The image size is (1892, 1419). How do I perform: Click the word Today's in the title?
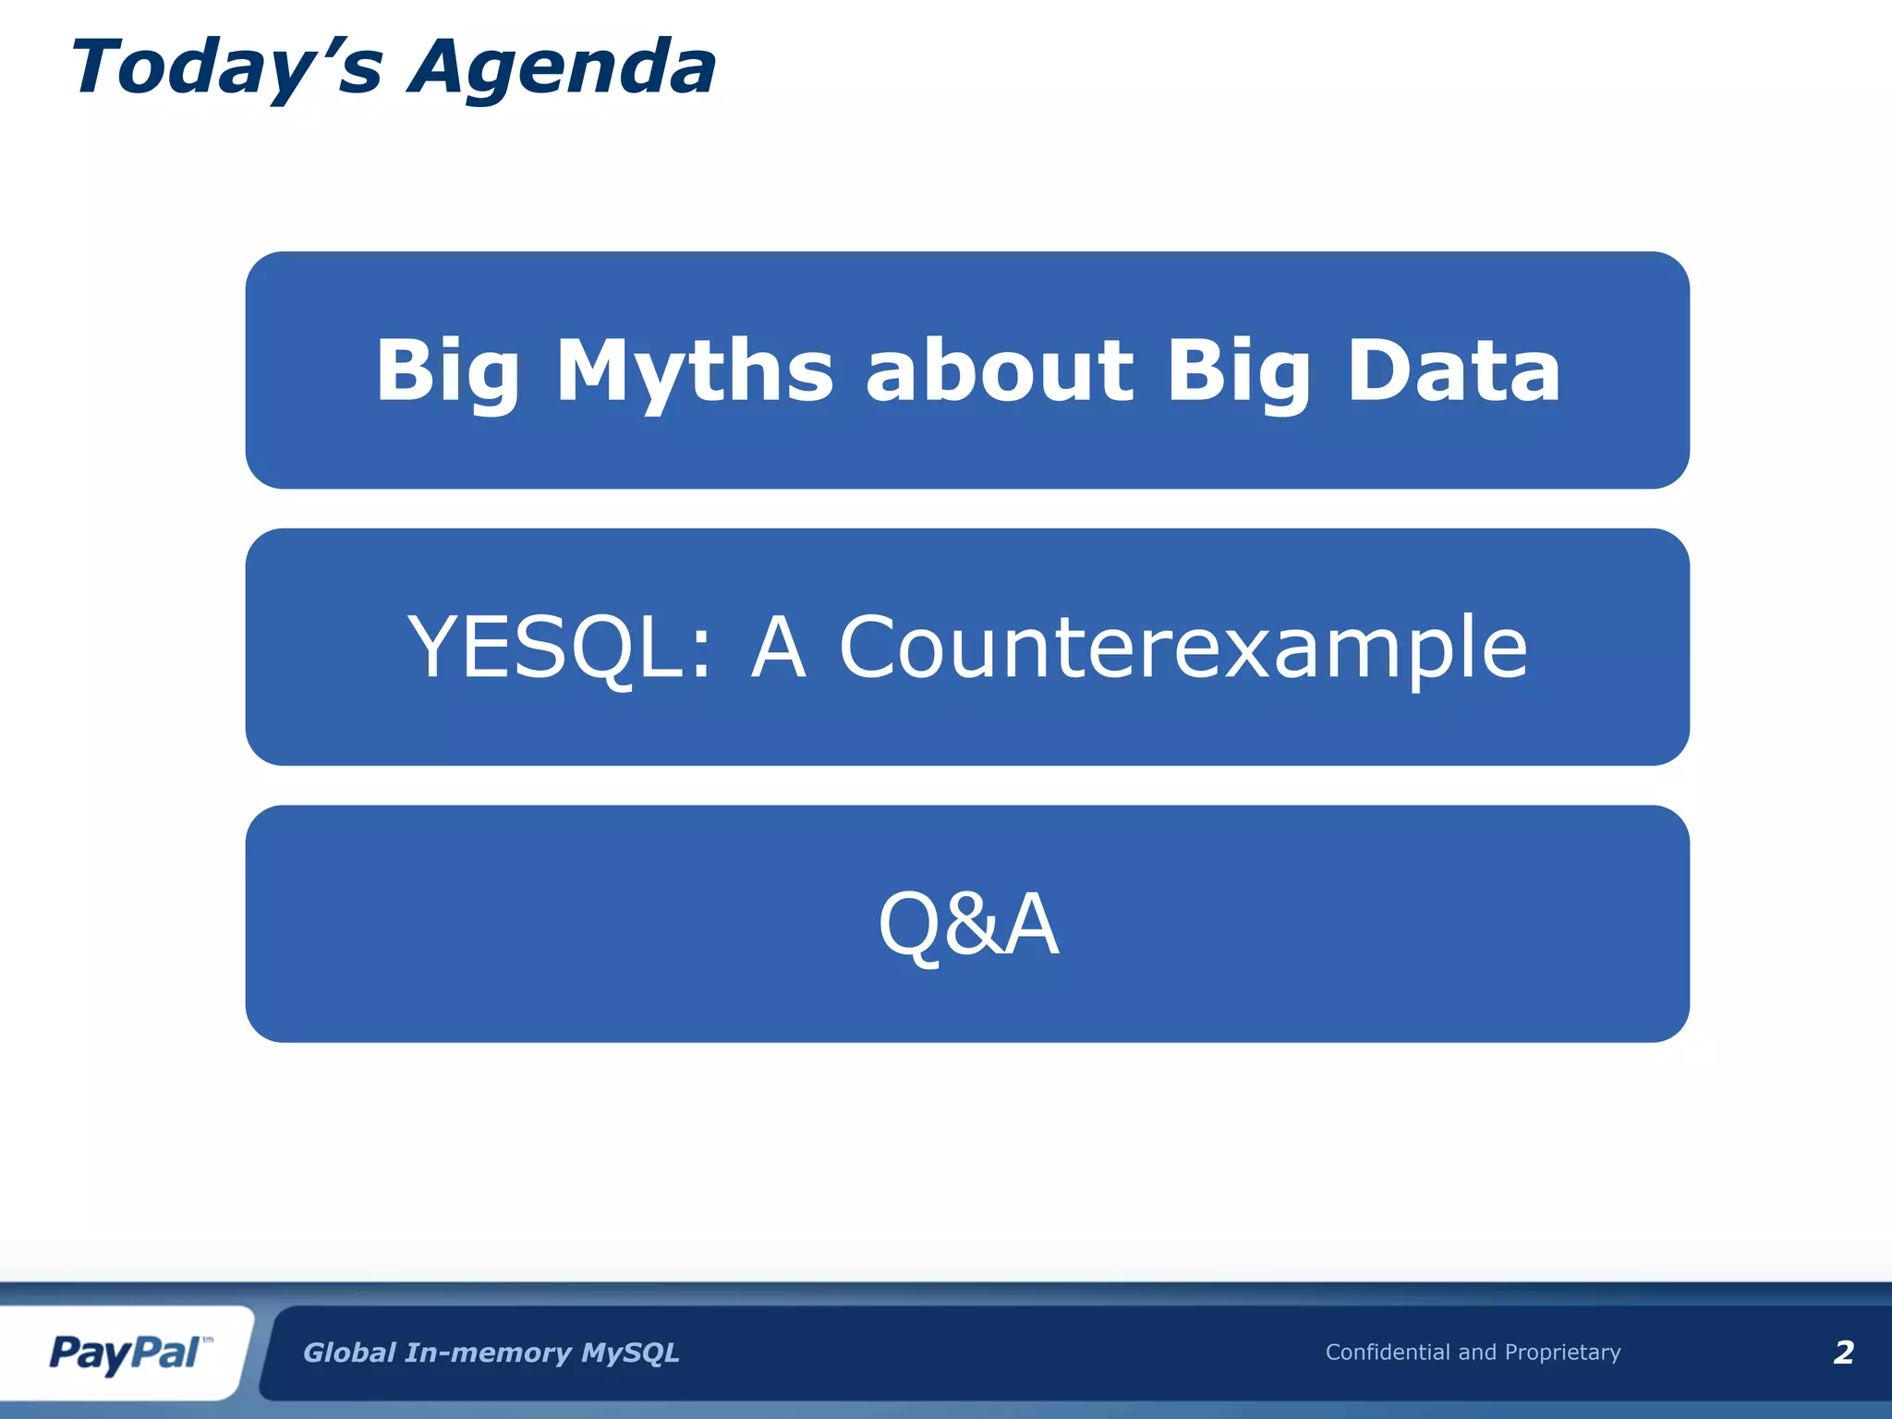coord(226,68)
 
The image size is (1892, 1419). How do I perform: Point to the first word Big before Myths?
coord(447,371)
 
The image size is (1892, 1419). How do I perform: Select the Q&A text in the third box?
coord(968,924)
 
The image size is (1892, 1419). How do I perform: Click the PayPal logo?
coord(125,1353)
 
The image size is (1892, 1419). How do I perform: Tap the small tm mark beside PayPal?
coord(207,1339)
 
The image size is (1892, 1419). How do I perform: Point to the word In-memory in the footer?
coord(488,1352)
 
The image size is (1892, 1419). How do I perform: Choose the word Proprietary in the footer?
coord(1562,1352)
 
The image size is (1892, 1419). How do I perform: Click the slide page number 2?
coord(1843,1352)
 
